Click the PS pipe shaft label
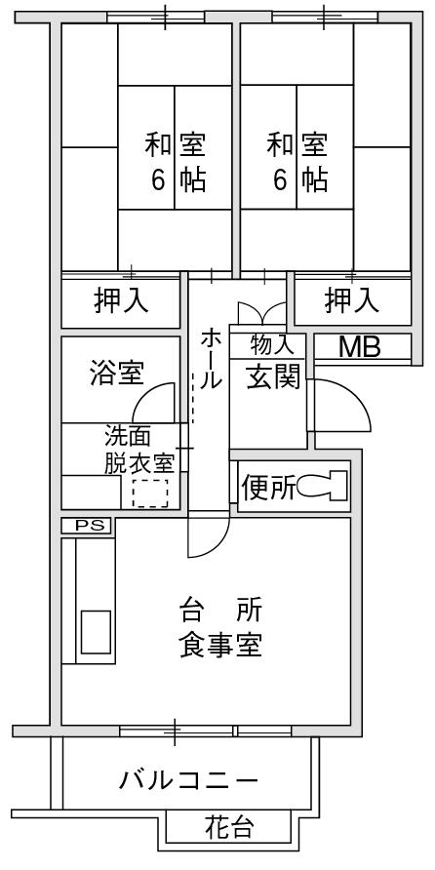(x=86, y=526)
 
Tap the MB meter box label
(x=360, y=347)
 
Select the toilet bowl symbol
(x=322, y=486)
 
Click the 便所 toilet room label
(x=268, y=487)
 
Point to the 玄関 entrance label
(x=273, y=377)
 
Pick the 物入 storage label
(x=271, y=345)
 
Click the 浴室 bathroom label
(x=116, y=373)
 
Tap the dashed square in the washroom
(x=150, y=494)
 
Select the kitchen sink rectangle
(x=96, y=632)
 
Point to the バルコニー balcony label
(x=188, y=781)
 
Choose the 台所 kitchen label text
(x=220, y=611)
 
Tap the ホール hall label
(x=212, y=359)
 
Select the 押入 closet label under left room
(x=121, y=300)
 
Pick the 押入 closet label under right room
(x=352, y=300)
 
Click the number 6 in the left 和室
(x=159, y=180)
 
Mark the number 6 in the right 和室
(x=280, y=180)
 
